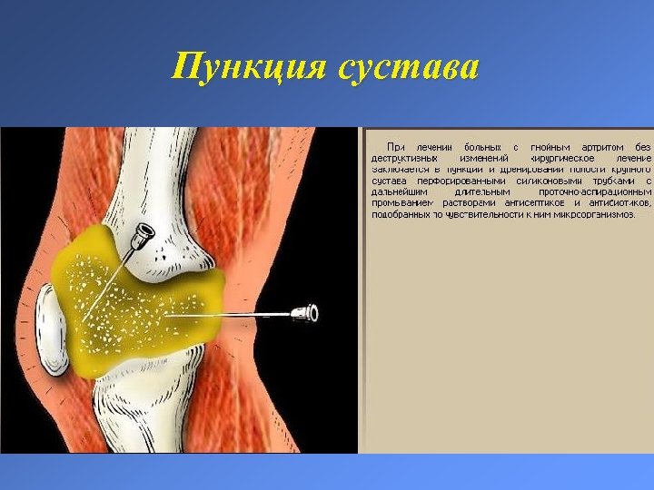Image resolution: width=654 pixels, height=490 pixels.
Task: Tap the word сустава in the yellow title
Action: click(407, 67)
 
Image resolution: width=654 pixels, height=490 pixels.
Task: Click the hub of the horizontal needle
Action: click(305, 313)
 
